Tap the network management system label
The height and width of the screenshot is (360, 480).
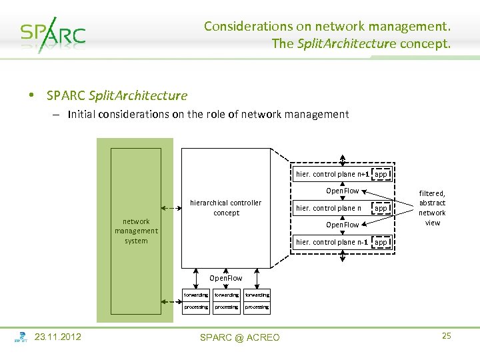point(136,231)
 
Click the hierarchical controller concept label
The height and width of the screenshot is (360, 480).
point(226,207)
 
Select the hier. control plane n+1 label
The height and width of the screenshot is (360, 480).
point(332,174)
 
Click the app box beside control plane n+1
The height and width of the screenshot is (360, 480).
point(381,174)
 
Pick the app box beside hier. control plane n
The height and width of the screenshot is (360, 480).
point(381,208)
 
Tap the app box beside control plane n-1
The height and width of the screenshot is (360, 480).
point(381,242)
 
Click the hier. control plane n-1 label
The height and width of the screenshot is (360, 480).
point(332,242)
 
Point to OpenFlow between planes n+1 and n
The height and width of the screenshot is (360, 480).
point(342,191)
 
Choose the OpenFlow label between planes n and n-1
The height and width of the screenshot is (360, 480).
point(342,225)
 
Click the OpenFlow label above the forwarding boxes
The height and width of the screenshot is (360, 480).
point(226,277)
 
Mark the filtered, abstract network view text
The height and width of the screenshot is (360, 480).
point(432,208)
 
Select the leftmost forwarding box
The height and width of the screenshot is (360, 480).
point(196,295)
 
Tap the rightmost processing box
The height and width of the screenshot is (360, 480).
point(257,307)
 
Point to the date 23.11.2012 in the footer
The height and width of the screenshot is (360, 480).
point(58,337)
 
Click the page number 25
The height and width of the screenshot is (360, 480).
point(446,336)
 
